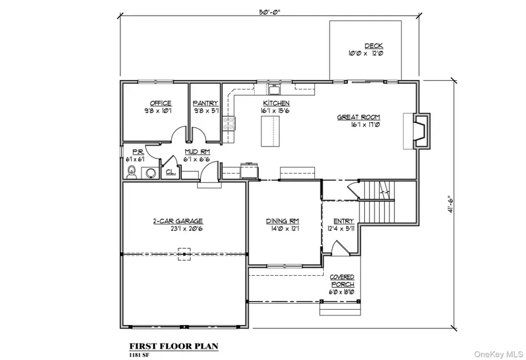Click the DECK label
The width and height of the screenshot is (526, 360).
coord(373,46)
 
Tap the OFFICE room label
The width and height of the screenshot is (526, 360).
coord(160,103)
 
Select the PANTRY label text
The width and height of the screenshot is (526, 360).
coord(206,103)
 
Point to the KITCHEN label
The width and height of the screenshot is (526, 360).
coord(276,103)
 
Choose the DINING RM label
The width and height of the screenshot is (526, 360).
coord(283,221)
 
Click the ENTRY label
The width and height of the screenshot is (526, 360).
coord(344,221)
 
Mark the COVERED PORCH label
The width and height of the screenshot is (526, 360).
coord(342,281)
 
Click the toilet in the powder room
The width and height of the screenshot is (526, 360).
coord(131,172)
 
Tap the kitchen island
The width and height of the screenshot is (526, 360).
coord(270,132)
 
